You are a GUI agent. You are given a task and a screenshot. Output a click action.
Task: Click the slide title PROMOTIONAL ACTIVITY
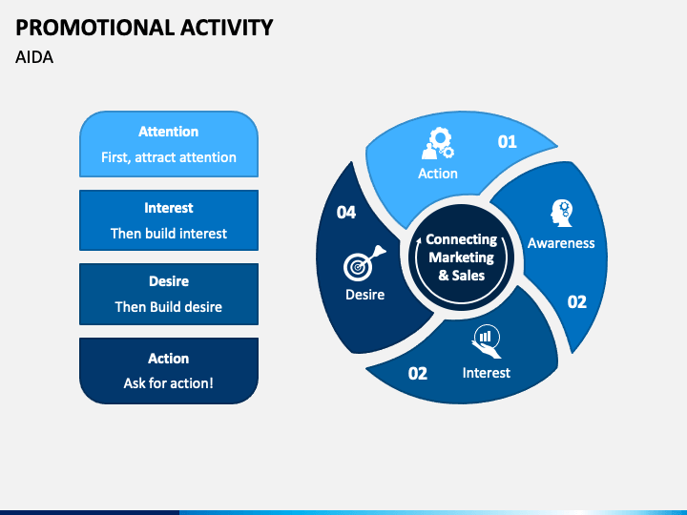click(x=144, y=28)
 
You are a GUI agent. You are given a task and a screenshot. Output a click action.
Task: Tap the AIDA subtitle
click(x=34, y=57)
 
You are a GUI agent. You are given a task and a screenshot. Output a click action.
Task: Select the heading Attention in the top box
click(x=169, y=132)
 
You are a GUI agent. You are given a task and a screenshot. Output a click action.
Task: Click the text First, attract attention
click(x=169, y=157)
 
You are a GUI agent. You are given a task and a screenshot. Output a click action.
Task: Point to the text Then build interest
click(x=169, y=234)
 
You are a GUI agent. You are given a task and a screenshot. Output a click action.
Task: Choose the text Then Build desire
click(x=169, y=307)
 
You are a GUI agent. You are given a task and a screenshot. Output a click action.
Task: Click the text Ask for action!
click(x=169, y=383)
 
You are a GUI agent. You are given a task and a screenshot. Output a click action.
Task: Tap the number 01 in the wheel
click(x=508, y=141)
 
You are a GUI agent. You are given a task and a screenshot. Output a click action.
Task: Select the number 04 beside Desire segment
click(x=346, y=213)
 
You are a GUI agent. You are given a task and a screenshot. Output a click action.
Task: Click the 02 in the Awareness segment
click(x=576, y=301)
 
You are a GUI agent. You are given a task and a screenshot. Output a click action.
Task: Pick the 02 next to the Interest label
click(x=418, y=374)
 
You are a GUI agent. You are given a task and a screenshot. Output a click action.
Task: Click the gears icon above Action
click(x=438, y=144)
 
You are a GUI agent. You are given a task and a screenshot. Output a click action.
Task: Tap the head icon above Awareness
click(x=562, y=214)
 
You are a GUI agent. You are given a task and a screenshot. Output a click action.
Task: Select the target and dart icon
click(x=364, y=263)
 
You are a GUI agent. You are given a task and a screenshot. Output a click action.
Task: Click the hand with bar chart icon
click(x=487, y=341)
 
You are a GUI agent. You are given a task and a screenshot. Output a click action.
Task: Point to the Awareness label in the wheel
click(x=561, y=243)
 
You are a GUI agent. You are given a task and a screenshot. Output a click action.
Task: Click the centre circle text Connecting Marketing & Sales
click(x=462, y=257)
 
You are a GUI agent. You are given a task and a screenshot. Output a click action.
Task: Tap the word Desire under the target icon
click(x=364, y=295)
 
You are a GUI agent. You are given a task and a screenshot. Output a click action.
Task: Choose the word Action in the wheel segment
click(x=438, y=174)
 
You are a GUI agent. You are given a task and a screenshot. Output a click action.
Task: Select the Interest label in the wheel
click(x=487, y=373)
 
